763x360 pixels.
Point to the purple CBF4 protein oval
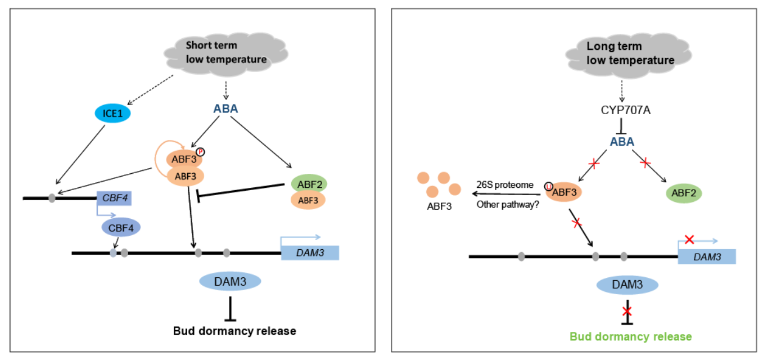[121, 228]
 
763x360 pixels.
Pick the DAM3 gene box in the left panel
[310, 253]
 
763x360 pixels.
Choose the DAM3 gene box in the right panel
[707, 256]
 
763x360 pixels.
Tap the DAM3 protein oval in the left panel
[230, 280]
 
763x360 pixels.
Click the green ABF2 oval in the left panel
[309, 183]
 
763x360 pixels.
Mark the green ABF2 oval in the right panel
[684, 194]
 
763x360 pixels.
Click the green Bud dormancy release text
[630, 336]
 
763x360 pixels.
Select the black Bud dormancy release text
[234, 331]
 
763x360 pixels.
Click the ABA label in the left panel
[225, 110]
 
